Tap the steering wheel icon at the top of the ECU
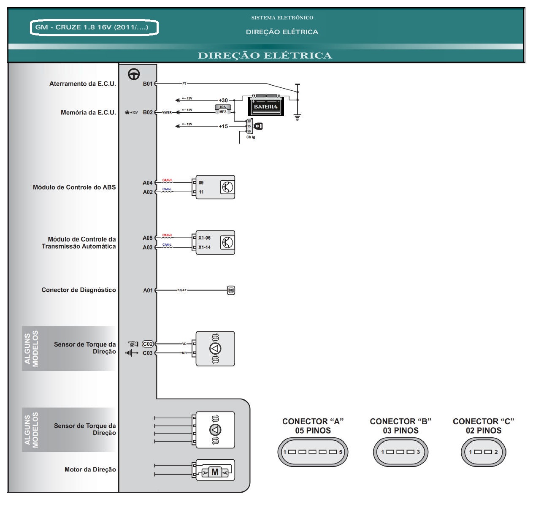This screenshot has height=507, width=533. (134, 74)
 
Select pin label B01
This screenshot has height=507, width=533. (148, 84)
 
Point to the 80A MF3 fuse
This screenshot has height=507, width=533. (223, 109)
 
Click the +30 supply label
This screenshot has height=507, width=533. (223, 100)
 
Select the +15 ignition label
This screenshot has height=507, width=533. (223, 126)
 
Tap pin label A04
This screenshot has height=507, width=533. (148, 183)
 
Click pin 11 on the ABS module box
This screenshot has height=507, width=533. (201, 192)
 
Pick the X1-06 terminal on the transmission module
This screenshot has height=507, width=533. (204, 238)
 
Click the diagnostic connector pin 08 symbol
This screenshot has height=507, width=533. (231, 290)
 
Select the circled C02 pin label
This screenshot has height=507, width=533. (148, 344)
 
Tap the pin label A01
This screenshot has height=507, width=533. (148, 290)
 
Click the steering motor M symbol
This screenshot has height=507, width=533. (215, 472)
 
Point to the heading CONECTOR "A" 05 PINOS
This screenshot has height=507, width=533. (313, 426)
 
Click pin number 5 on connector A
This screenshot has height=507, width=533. (340, 452)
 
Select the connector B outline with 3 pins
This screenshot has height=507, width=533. (400, 452)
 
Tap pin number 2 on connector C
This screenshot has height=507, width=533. (496, 452)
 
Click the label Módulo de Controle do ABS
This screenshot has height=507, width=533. (74, 187)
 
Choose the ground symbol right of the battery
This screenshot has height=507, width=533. (298, 117)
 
